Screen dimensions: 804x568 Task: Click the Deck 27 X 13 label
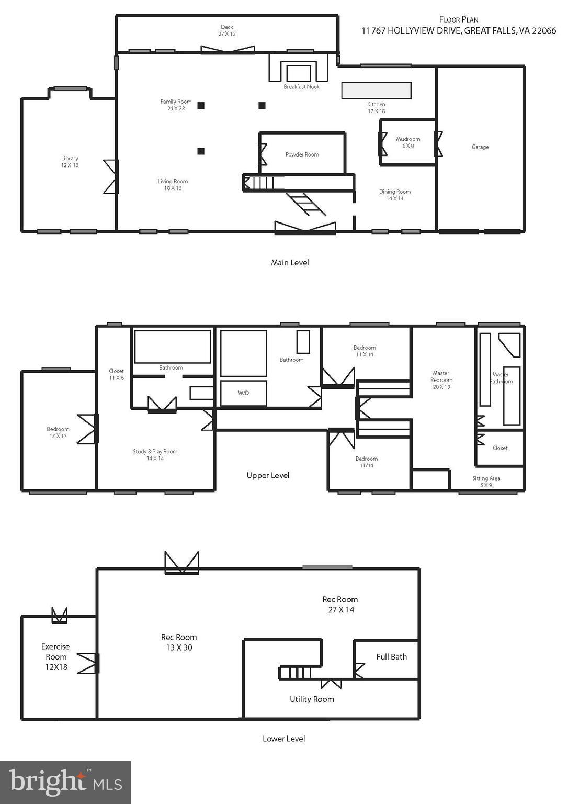[x=226, y=30]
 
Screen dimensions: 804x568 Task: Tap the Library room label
[x=70, y=162]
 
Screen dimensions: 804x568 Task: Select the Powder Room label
[x=302, y=154]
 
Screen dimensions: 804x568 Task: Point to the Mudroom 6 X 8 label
[x=408, y=142]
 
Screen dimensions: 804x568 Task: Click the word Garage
[x=480, y=147]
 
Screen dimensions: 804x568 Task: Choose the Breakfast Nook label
[x=301, y=87]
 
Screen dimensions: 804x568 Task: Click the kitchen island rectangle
[x=376, y=90]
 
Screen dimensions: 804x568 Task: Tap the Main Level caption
[x=290, y=263]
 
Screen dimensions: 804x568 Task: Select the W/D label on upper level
[x=243, y=393]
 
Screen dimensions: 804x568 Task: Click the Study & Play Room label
[x=155, y=455]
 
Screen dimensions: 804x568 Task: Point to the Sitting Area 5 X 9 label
[x=486, y=482]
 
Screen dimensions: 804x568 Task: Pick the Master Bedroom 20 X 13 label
[x=441, y=380]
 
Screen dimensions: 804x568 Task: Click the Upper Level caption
[x=268, y=475]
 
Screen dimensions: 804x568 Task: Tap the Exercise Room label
[x=56, y=657]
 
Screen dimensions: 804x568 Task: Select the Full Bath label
[x=391, y=657]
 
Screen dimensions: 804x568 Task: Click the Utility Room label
[x=312, y=699]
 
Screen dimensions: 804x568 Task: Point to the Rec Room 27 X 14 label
[x=340, y=605]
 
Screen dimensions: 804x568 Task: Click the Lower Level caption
[x=283, y=739]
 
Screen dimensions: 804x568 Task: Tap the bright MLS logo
[x=65, y=782]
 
